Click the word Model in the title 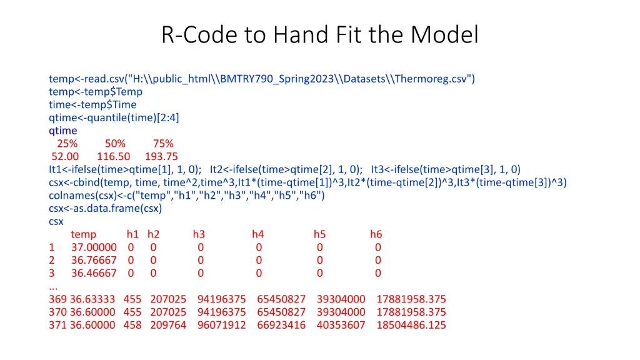[444, 35]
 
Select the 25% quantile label [67, 144]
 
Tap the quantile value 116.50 [113, 157]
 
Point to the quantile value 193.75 [161, 157]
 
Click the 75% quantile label [163, 144]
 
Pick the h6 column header [376, 234]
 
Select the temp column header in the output [84, 234]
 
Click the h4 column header [258, 234]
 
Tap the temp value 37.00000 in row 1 [94, 247]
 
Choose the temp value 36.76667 [94, 260]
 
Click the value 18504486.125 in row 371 [411, 325]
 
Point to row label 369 [57, 299]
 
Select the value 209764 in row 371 [168, 325]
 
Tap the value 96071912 [221, 325]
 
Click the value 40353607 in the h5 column [341, 325]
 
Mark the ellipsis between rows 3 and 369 [54, 286]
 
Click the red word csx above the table [56, 221]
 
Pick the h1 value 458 [132, 325]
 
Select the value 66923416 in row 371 [281, 325]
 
